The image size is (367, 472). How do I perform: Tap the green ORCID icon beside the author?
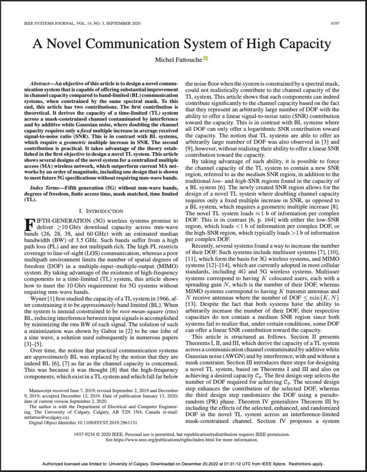206,59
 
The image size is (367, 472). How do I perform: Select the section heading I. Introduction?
101,211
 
